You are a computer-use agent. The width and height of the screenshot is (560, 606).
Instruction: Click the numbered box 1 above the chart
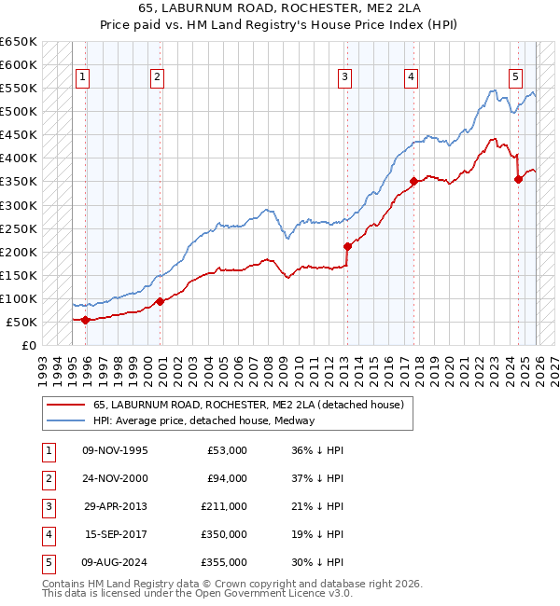pos(83,77)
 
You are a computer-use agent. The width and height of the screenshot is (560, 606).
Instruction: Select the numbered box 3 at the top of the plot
pos(345,77)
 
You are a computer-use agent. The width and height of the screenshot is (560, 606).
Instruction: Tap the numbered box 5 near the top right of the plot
pos(515,77)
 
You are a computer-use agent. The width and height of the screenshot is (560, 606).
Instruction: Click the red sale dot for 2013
pos(347,247)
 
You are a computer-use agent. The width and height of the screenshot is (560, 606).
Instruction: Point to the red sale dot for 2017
pos(413,182)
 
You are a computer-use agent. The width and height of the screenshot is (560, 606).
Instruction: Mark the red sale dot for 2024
pos(519,180)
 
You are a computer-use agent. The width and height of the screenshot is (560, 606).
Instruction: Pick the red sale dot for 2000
pos(160,301)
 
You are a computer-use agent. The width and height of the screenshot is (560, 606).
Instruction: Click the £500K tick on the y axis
pos(19,112)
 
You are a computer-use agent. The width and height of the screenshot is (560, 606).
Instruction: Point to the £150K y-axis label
pos(19,275)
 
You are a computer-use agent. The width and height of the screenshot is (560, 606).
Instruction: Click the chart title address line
pos(280,11)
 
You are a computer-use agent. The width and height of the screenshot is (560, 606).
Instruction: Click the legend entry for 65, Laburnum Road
pos(247,405)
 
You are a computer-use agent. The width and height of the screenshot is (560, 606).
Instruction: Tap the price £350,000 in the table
pos(224,535)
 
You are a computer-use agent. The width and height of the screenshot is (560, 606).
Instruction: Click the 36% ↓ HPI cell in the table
pos(316,450)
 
